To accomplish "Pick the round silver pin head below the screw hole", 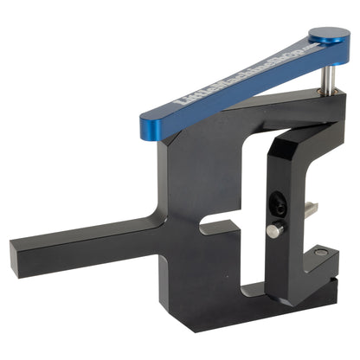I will tap(273, 230).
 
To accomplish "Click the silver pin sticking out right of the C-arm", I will tap(309, 208).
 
